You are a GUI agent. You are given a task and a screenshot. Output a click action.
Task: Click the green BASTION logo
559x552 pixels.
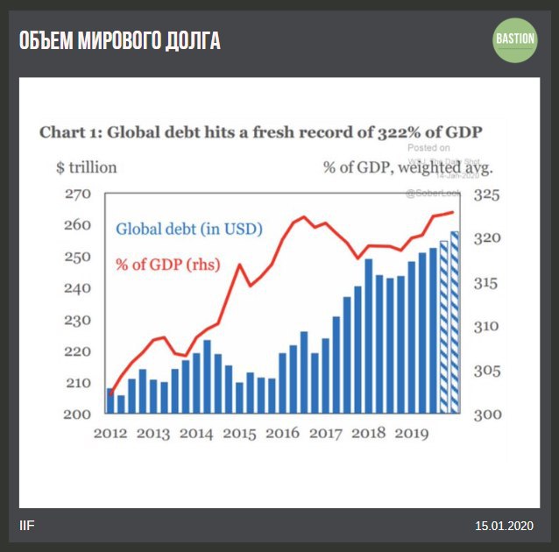[514, 39]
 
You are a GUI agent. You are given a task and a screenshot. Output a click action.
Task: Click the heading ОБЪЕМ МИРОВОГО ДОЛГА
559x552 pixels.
[120, 40]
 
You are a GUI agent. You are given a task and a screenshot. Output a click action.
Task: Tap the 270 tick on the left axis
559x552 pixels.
[79, 194]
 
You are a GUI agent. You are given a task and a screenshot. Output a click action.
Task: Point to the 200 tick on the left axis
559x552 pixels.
[79, 414]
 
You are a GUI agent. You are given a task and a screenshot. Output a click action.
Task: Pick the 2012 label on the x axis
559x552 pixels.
[110, 433]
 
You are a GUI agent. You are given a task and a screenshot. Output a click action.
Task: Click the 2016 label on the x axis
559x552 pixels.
[282, 433]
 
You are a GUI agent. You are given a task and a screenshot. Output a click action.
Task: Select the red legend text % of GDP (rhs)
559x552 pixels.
[167, 264]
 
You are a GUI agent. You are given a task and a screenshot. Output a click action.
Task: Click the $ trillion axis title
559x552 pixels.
[86, 167]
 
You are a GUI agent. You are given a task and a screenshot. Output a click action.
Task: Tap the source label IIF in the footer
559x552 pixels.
[28, 526]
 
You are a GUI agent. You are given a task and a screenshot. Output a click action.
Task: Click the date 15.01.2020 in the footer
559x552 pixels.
[504, 526]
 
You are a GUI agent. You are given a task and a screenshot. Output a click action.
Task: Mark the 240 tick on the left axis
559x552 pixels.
[79, 288]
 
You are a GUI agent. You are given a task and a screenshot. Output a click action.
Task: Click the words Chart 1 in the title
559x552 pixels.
[67, 132]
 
